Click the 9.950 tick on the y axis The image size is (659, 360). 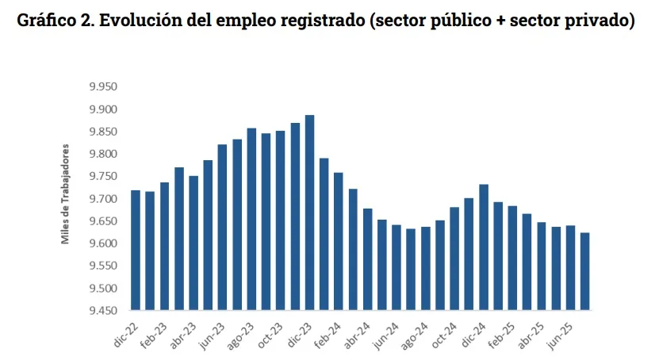coord(102,86)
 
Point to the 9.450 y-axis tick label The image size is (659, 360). coord(102,310)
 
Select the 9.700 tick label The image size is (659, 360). coord(102,198)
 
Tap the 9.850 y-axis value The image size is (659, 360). coord(102,132)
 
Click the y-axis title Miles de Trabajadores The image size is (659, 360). coord(66,193)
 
